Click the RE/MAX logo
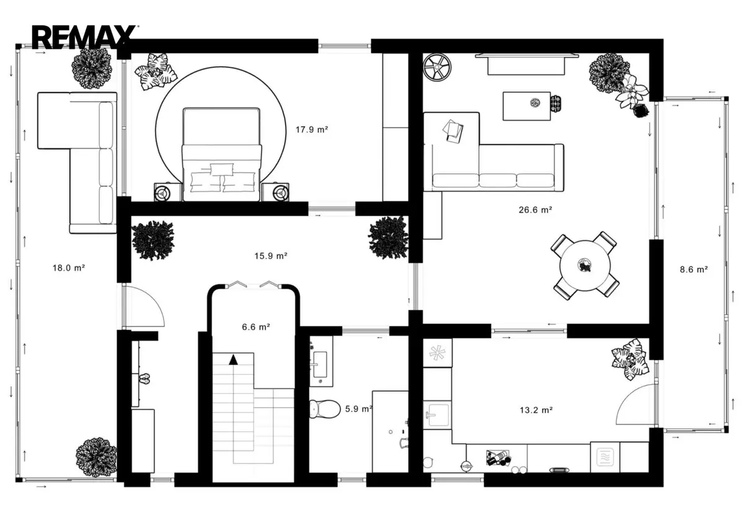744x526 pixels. coord(84,37)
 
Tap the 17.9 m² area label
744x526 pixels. coord(312,129)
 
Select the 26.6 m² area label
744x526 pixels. coord(536,210)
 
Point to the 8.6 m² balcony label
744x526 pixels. coord(694,270)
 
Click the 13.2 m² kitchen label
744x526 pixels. coord(536,410)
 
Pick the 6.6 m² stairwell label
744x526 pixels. coord(255,327)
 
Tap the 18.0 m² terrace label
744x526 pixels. coord(69,268)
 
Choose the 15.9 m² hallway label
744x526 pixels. coord(271,256)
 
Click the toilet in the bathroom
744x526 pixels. coord(325,409)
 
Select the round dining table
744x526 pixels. coord(585,266)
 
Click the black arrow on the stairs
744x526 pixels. coord(234,360)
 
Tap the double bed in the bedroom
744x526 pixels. coord(221,154)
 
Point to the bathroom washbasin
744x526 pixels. coord(320,364)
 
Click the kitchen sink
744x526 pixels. coord(438,415)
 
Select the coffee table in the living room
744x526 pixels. coord(527,106)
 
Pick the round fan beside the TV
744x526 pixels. coord(437,67)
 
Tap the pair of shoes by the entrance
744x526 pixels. coord(144,379)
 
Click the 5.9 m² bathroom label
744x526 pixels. coord(358,409)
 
